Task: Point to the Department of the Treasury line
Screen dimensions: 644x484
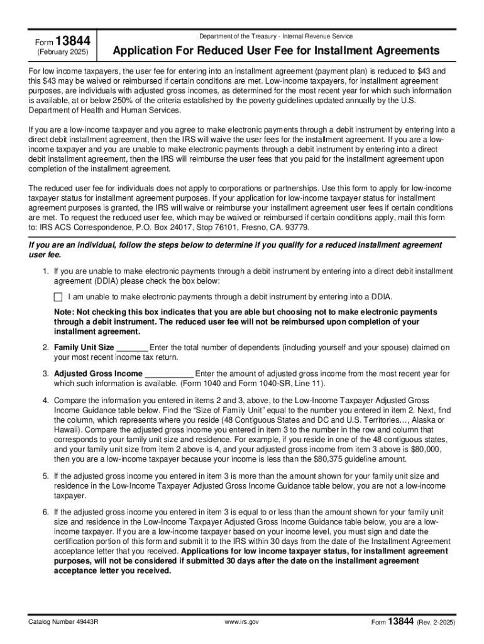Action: [275, 36]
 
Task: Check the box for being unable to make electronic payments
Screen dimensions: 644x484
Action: [58, 297]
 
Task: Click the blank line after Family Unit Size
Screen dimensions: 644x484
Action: [133, 347]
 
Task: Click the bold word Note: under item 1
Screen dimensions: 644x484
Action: [65, 312]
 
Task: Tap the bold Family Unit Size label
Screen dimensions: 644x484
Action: [84, 347]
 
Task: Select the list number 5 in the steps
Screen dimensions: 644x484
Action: [45, 477]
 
